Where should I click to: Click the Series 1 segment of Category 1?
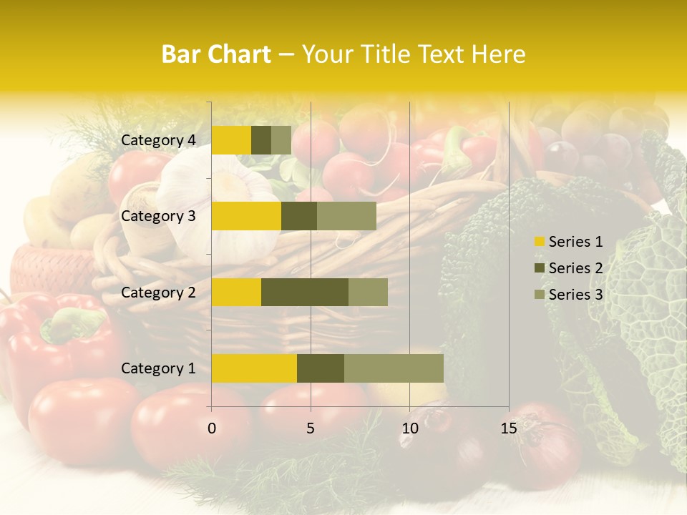tap(254, 368)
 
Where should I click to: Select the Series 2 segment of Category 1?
tap(321, 368)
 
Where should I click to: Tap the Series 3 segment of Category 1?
tap(394, 368)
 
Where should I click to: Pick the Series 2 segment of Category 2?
tap(305, 292)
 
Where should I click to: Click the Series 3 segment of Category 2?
tap(368, 292)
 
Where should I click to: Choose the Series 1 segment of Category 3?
tap(246, 216)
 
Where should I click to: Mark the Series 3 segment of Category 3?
tap(346, 216)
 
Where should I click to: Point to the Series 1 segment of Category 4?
tap(231, 140)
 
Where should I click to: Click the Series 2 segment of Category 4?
tap(261, 140)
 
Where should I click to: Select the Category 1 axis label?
tap(158, 368)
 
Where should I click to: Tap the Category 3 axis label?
tap(158, 216)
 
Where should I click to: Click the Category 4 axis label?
tap(158, 140)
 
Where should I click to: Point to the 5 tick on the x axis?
tap(311, 428)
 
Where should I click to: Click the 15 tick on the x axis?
tap(508, 428)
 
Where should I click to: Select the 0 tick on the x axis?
tap(212, 428)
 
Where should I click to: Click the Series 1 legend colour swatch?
tap(540, 242)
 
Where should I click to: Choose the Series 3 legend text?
tap(575, 294)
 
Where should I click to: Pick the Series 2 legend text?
tap(575, 268)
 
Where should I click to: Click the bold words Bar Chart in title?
tap(216, 54)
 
